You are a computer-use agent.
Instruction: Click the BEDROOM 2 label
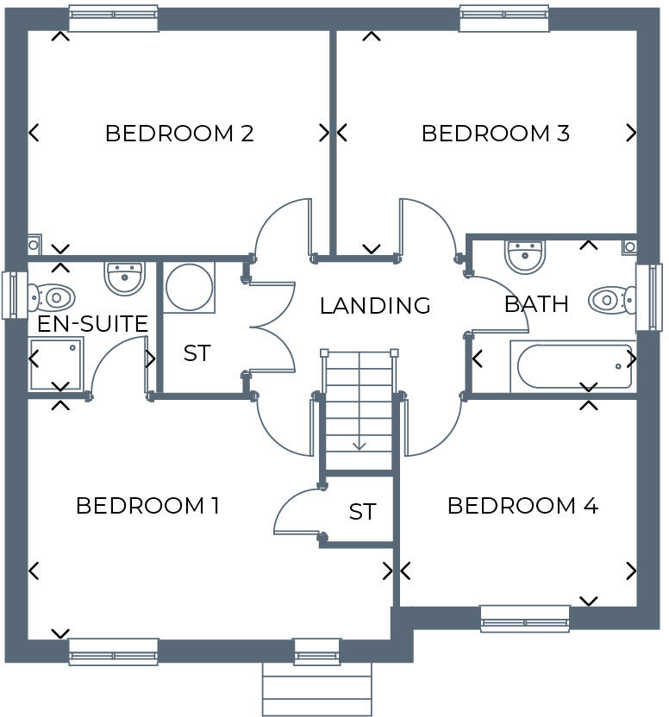178,134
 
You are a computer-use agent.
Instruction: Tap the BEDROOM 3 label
495,134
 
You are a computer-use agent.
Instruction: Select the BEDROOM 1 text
147,506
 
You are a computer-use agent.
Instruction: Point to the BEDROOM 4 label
522,506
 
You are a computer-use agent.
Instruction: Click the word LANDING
375,306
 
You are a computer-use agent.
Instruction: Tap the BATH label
536,304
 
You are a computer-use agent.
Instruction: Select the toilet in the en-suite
51,298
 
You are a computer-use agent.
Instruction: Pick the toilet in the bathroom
611,301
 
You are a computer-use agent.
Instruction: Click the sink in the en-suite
124,277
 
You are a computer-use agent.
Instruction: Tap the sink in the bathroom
525,255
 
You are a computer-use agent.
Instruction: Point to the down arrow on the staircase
359,445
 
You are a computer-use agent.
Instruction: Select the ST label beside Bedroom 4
362,512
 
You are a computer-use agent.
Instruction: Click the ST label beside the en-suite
197,353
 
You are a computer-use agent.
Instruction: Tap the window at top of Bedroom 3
504,18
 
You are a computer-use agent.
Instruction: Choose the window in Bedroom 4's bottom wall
524,617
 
